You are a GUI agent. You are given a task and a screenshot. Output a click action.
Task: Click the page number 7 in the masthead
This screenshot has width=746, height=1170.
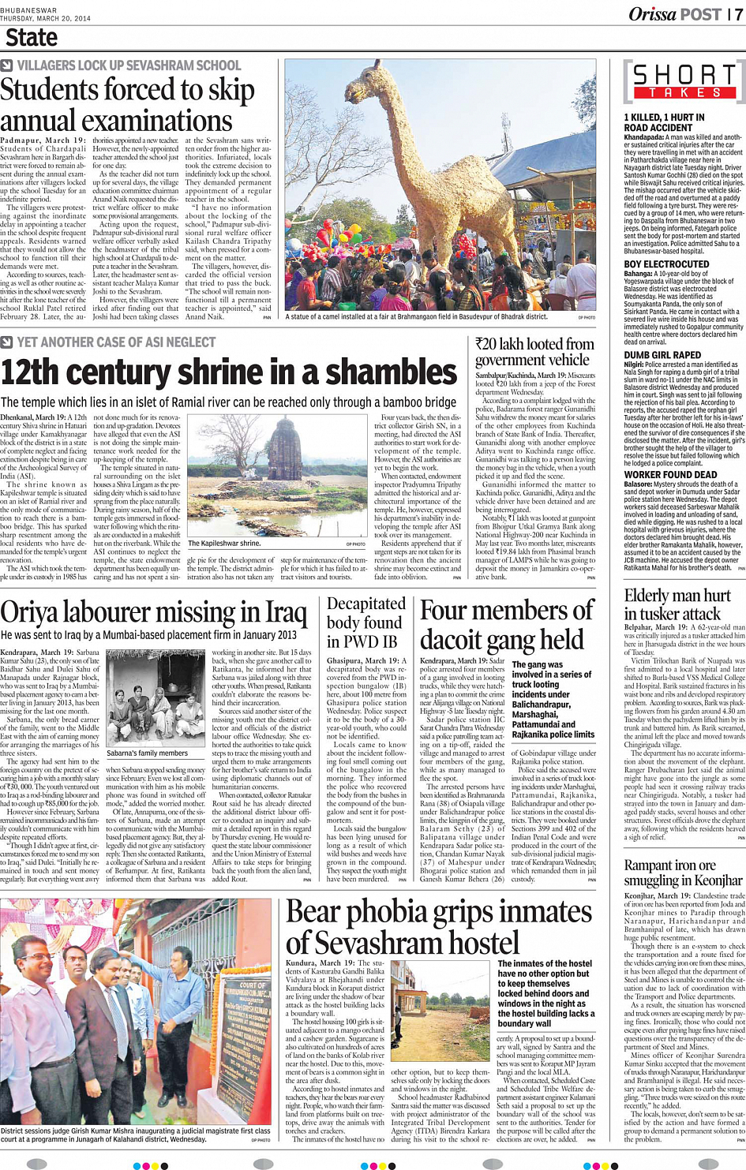[x=738, y=14]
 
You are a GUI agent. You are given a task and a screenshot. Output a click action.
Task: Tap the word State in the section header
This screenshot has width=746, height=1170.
[x=32, y=38]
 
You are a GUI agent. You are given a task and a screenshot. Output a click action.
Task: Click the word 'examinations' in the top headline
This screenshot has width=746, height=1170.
[x=116, y=121]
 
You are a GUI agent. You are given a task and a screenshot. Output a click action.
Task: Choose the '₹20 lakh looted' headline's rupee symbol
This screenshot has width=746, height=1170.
[x=481, y=345]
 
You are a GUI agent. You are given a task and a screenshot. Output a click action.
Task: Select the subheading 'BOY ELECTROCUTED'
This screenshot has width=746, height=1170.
[x=666, y=264]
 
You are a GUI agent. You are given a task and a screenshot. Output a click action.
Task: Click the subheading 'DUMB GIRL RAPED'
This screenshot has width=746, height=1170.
[x=662, y=355]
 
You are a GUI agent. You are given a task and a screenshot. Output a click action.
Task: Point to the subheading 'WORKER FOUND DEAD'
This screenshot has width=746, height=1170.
[x=670, y=475]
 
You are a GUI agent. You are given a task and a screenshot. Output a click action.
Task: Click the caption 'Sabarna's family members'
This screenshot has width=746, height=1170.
[x=148, y=753]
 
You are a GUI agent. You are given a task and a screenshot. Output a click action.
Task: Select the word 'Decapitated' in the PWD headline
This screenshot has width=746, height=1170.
[x=366, y=604]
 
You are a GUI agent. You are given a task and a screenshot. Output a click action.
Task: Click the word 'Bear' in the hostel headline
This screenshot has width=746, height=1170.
[x=313, y=912]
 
